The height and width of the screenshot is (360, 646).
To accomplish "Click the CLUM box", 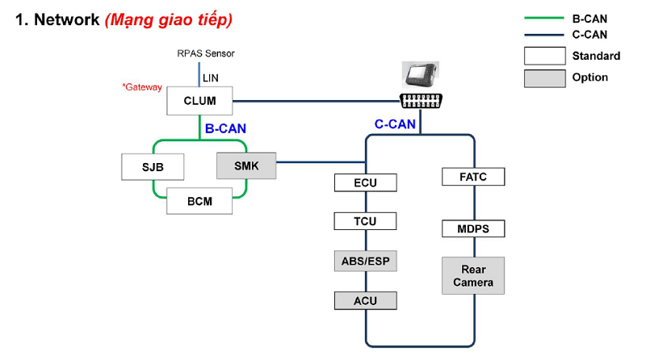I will coord(199,102).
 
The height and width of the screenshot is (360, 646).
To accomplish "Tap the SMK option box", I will coord(245,166).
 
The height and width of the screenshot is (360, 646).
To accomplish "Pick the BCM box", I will coord(199,201).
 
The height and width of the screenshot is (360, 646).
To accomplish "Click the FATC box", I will coord(472,176).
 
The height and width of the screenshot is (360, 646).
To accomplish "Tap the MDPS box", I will coord(472,228).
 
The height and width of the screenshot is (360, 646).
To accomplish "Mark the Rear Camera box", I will coord(472,275).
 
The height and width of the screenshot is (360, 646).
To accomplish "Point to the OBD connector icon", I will coord(420,102).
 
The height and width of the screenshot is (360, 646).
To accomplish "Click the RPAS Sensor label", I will coord(206,53).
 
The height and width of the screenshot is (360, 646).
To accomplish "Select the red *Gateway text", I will coord(142,87).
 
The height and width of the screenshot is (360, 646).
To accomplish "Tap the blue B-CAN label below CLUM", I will coord(225,128).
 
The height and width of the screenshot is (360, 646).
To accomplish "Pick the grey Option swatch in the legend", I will coord(544,77).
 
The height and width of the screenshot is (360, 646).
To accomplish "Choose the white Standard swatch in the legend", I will coord(544,56).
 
